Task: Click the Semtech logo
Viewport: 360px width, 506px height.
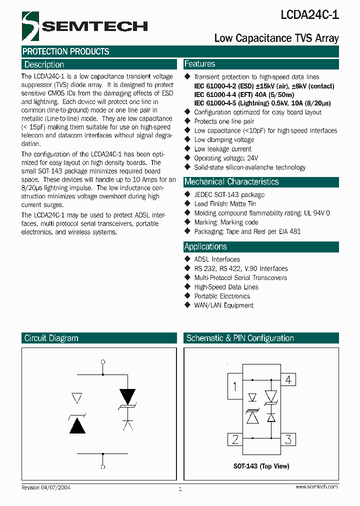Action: [x=84, y=26]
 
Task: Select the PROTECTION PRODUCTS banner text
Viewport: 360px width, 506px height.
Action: [x=65, y=51]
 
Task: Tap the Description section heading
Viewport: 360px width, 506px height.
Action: [x=44, y=64]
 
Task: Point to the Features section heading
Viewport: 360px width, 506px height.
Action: [x=199, y=64]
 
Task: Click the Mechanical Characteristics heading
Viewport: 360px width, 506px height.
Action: [x=231, y=182]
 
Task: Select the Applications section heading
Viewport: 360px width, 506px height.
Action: [x=205, y=246]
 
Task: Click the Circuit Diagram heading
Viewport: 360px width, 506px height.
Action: [x=51, y=338]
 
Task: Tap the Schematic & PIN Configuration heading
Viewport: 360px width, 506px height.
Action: [x=240, y=338]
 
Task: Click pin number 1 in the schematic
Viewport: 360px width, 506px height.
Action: [x=235, y=386]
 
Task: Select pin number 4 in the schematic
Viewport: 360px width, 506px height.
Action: [x=288, y=380]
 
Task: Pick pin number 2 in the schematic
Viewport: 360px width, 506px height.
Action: [x=235, y=439]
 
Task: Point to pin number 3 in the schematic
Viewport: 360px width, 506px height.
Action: [x=288, y=439]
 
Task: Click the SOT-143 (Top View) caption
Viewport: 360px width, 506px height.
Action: [x=261, y=466]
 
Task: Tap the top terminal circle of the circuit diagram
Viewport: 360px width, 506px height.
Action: [x=103, y=361]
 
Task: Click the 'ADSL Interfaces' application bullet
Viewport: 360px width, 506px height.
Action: [x=216, y=259]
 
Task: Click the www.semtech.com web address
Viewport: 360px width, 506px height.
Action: [x=316, y=486]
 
